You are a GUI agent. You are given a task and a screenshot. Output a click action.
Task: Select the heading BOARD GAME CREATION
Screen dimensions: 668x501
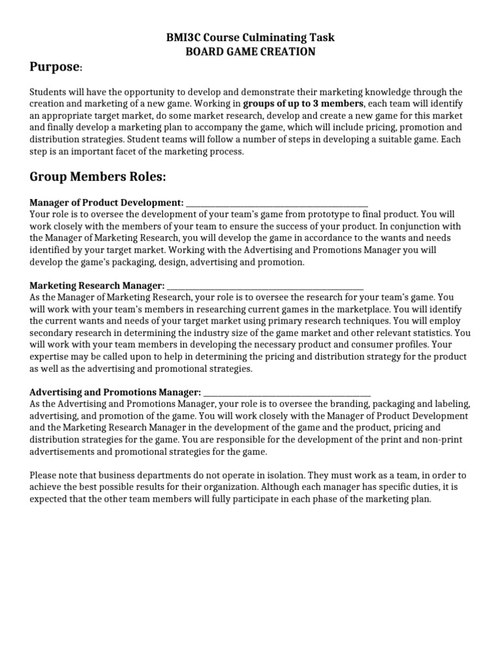pyautogui.click(x=250, y=52)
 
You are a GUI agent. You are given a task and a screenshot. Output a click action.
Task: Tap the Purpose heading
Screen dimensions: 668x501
pyautogui.click(x=55, y=68)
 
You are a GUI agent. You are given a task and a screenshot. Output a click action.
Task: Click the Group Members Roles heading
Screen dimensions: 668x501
pyautogui.click(x=98, y=177)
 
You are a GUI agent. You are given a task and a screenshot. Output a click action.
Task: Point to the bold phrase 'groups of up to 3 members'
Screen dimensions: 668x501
pyautogui.click(x=303, y=104)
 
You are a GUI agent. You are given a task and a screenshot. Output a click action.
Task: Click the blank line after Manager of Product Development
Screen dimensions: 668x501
pyautogui.click(x=277, y=203)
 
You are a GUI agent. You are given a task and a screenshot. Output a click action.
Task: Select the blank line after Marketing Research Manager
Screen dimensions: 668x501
pyautogui.click(x=266, y=285)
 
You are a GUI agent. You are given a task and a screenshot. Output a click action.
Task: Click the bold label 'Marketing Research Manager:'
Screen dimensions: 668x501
pyautogui.click(x=97, y=285)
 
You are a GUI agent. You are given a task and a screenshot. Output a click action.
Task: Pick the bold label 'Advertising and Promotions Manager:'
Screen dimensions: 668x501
pyautogui.click(x=115, y=392)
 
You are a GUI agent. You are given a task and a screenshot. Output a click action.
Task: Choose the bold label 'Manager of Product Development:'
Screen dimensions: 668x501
pyautogui.click(x=106, y=203)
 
